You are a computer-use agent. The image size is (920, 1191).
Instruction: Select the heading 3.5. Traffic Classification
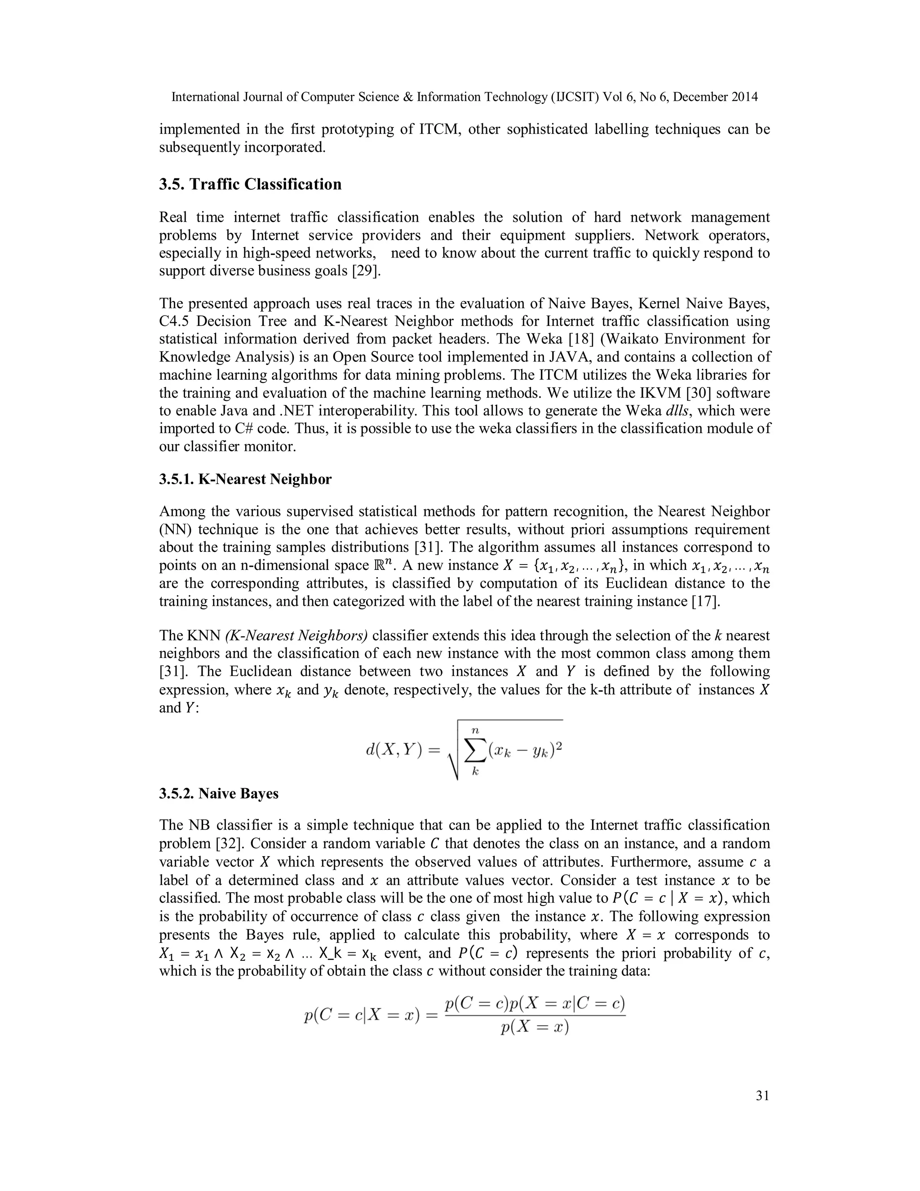point(250,184)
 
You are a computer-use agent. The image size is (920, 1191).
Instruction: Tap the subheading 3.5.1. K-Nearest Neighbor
point(245,480)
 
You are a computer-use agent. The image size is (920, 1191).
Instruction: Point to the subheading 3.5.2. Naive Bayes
point(219,793)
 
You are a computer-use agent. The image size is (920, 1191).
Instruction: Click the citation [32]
point(227,844)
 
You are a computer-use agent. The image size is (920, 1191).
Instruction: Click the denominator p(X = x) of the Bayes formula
point(535,1027)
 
